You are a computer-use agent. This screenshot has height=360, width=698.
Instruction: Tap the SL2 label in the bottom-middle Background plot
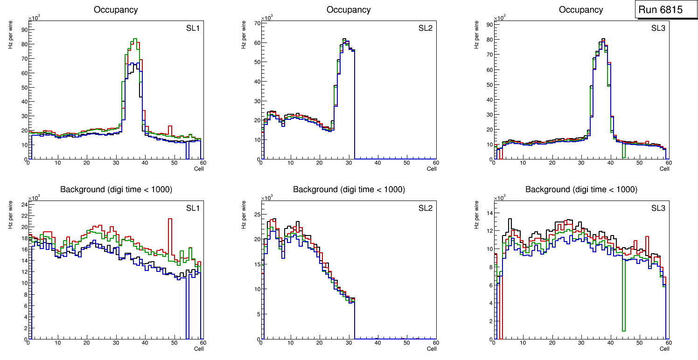coord(426,208)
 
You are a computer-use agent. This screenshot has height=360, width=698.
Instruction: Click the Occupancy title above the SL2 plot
coord(349,10)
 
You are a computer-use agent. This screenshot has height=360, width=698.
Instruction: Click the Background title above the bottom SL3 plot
coord(581,189)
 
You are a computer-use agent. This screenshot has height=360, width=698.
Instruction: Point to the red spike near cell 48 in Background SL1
coord(170,219)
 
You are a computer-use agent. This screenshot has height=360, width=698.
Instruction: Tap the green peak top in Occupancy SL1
coord(134,39)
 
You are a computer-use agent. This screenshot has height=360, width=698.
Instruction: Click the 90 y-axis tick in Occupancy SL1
coord(25,29)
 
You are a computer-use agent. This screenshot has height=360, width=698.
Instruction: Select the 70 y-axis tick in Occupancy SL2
coord(257,23)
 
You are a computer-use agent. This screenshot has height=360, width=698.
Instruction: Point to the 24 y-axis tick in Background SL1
coord(25,204)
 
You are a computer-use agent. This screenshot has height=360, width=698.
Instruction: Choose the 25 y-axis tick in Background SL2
coord(257,215)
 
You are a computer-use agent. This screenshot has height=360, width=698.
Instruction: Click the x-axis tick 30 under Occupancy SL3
coord(581,163)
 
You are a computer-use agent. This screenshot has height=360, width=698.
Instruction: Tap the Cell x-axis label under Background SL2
coord(432,348)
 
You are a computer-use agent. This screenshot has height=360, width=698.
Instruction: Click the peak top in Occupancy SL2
coord(344,39)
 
